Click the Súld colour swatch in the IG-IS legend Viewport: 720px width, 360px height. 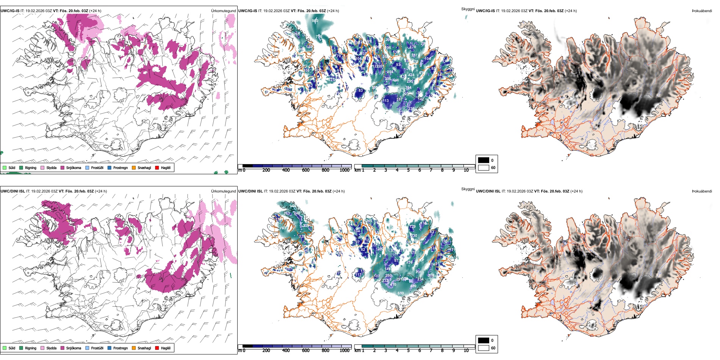coord(5,167)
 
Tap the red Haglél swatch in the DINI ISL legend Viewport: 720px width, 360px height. coord(157,348)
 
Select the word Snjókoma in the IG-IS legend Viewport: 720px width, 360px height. coord(74,167)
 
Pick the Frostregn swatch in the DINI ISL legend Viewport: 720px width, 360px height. coord(110,348)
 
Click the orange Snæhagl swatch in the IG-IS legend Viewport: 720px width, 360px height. coord(134,167)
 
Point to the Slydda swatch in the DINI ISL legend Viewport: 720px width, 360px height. coord(42,348)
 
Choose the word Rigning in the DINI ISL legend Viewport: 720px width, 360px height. coord(31,348)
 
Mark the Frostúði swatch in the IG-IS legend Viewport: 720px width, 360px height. coord(88,167)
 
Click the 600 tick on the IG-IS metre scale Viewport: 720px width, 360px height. coord(306,170)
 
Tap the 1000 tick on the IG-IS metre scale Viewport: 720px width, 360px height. coord(344,170)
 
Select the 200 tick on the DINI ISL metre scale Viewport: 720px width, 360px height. coord(266,351)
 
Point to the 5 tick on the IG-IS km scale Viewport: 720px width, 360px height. coord(409,170)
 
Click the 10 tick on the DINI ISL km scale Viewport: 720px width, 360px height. coord(466,351)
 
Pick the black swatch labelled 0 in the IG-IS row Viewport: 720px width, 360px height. coord(484,160)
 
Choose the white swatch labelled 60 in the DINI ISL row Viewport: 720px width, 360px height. coord(484,348)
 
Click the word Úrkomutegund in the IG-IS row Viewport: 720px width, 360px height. coord(223,11)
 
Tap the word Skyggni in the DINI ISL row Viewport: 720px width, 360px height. coord(468,189)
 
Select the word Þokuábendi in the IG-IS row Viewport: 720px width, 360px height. coord(702,11)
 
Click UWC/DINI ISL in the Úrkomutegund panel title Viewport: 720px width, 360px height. coord(13,191)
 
